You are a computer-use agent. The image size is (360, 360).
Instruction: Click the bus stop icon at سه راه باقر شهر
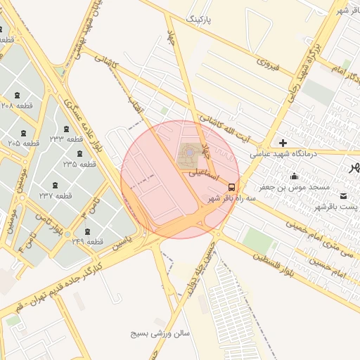coord(232,187)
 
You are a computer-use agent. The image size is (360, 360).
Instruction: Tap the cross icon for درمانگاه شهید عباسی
coord(283,143)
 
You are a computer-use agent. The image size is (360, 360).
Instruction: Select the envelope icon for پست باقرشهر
coord(343,195)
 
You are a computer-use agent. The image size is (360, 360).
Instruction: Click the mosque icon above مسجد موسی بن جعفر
coord(293,176)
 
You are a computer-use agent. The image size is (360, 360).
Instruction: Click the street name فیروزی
coord(269,64)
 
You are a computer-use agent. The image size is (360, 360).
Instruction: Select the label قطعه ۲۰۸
coord(17,105)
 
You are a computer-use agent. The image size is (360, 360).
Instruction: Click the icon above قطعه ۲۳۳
coord(67,129)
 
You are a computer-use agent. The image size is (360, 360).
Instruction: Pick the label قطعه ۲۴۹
coord(88,242)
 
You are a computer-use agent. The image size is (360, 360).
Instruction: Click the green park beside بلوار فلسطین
coord(258,240)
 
